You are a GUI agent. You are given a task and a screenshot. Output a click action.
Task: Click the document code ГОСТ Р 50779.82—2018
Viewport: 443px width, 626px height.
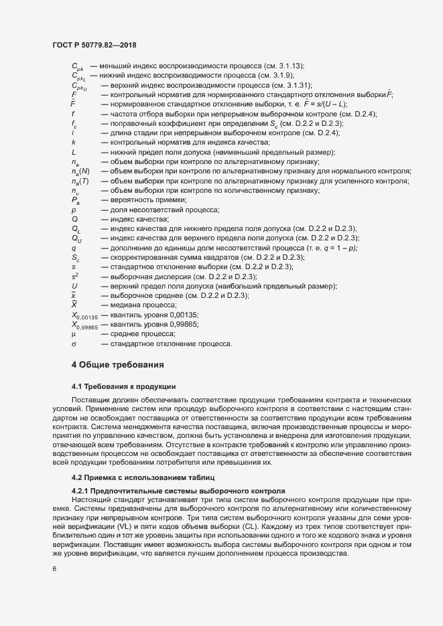click(94, 44)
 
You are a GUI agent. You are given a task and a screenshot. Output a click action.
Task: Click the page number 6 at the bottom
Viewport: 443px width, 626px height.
click(54, 569)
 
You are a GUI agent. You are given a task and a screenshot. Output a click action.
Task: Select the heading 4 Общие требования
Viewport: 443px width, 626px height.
click(114, 365)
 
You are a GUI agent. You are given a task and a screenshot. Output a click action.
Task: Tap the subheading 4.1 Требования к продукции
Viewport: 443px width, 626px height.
click(123, 387)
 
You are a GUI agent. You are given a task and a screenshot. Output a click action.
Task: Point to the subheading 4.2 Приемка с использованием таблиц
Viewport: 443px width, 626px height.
click(143, 477)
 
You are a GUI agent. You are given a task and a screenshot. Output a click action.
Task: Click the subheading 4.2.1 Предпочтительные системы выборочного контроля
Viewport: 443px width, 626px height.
click(178, 491)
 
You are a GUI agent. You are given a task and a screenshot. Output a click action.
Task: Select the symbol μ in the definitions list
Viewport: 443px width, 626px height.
click(73, 333)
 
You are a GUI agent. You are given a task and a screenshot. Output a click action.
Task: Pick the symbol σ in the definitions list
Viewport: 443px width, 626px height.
click(74, 343)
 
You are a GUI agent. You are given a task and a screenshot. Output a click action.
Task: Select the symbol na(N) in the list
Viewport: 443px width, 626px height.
click(80, 172)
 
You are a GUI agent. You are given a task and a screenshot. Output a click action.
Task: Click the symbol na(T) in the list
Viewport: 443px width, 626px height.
click(80, 181)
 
